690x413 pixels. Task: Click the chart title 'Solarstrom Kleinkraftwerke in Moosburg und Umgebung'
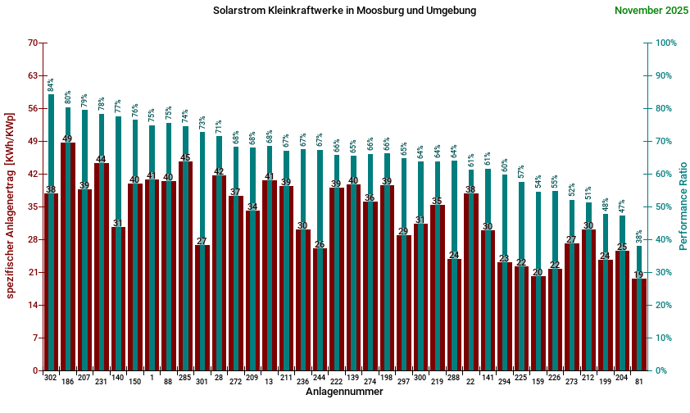(x=344, y=11)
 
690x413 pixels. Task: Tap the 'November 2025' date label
(x=651, y=11)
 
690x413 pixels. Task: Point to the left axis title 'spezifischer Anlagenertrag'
(x=10, y=205)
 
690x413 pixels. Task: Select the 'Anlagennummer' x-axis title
(x=344, y=392)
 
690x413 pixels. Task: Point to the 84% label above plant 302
(x=51, y=84)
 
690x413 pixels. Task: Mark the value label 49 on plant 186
(x=67, y=138)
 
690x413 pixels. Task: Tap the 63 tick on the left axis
(x=33, y=75)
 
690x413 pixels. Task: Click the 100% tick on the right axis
(x=664, y=43)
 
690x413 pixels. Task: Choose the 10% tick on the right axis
(x=662, y=338)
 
